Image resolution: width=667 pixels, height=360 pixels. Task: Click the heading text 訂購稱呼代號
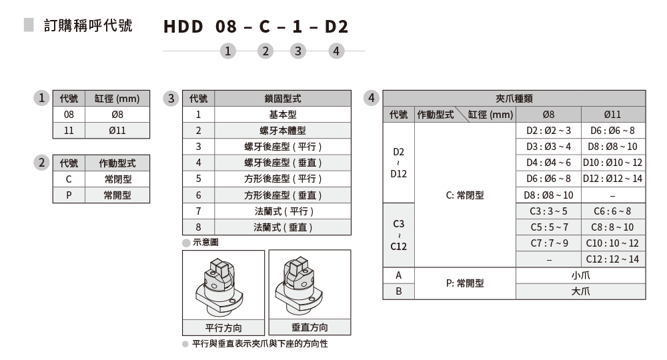pos(88,26)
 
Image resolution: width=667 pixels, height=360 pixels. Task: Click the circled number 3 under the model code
pos(297,51)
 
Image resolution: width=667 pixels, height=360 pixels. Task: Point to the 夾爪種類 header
pos(514,98)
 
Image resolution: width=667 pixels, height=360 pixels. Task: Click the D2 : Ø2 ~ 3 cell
pos(549,131)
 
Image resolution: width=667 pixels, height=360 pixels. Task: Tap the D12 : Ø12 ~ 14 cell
pos(613,179)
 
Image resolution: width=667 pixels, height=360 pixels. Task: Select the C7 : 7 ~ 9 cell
pos(549,243)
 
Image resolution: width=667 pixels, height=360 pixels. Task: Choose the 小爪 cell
pos(580,275)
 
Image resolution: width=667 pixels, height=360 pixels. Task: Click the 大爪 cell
pos(580,291)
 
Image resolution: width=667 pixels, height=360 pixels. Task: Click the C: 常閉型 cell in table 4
pos(465,195)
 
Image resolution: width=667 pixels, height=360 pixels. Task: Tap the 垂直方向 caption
pos(309,327)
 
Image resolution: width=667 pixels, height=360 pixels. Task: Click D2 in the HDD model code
pos(336,27)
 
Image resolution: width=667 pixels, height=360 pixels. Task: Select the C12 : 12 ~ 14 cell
pos(613,259)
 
